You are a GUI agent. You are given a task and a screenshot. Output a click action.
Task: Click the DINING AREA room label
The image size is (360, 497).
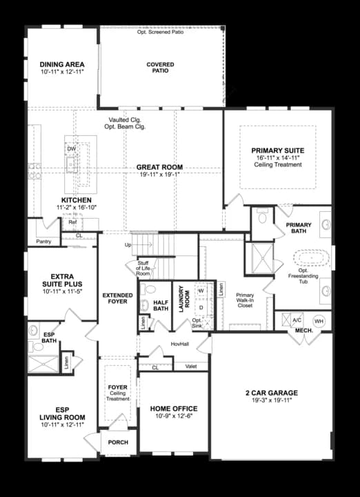pyautogui.click(x=62, y=65)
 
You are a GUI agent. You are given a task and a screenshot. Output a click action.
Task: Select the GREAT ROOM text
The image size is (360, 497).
pyautogui.click(x=159, y=167)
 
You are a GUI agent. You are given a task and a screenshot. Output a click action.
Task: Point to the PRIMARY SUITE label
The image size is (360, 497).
pyautogui.click(x=278, y=150)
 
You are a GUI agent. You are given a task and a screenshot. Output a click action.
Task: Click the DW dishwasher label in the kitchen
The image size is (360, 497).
pyautogui.click(x=71, y=149)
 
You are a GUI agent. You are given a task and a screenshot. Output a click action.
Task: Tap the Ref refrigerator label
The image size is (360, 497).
pyautogui.click(x=72, y=222)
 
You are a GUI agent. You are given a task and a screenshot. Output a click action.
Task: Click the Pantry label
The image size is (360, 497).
pyautogui.click(x=43, y=242)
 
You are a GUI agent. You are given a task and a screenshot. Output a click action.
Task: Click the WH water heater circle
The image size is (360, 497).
pyautogui.click(x=319, y=321)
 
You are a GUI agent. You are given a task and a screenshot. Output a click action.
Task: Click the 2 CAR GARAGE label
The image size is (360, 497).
pyautogui.click(x=272, y=393)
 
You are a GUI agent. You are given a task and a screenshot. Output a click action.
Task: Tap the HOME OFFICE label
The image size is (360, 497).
pyautogui.click(x=174, y=409)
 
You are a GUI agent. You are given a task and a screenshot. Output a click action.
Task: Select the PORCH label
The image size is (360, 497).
pyautogui.click(x=119, y=442)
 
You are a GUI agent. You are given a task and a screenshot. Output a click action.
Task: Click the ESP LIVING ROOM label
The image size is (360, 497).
pyautogui.click(x=62, y=413)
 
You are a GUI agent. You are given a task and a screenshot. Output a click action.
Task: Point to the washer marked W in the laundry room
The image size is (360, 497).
pyautogui.click(x=201, y=291)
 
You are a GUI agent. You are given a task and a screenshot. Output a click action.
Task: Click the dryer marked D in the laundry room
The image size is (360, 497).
pyautogui.click(x=201, y=307)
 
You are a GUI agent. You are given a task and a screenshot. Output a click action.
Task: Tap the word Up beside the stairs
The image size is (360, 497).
pyautogui.click(x=128, y=245)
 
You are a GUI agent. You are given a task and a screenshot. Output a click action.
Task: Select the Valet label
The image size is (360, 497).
pyautogui.click(x=192, y=367)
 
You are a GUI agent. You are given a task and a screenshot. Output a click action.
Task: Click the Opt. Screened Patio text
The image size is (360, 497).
pyautogui.click(x=161, y=32)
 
